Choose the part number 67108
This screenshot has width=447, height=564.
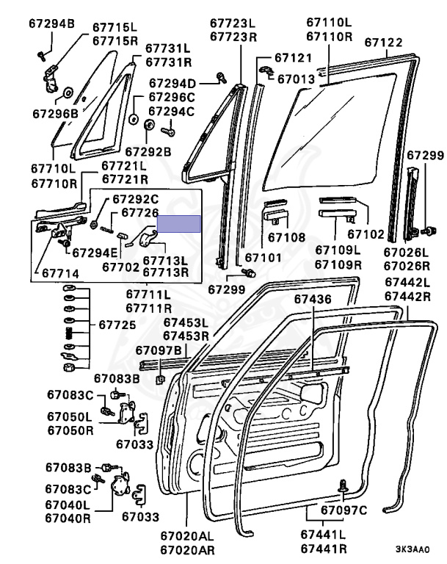tap(286, 237)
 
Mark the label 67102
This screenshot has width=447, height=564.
tap(365, 235)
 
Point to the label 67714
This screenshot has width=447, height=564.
tap(61, 273)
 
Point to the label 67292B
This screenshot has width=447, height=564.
tap(147, 151)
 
